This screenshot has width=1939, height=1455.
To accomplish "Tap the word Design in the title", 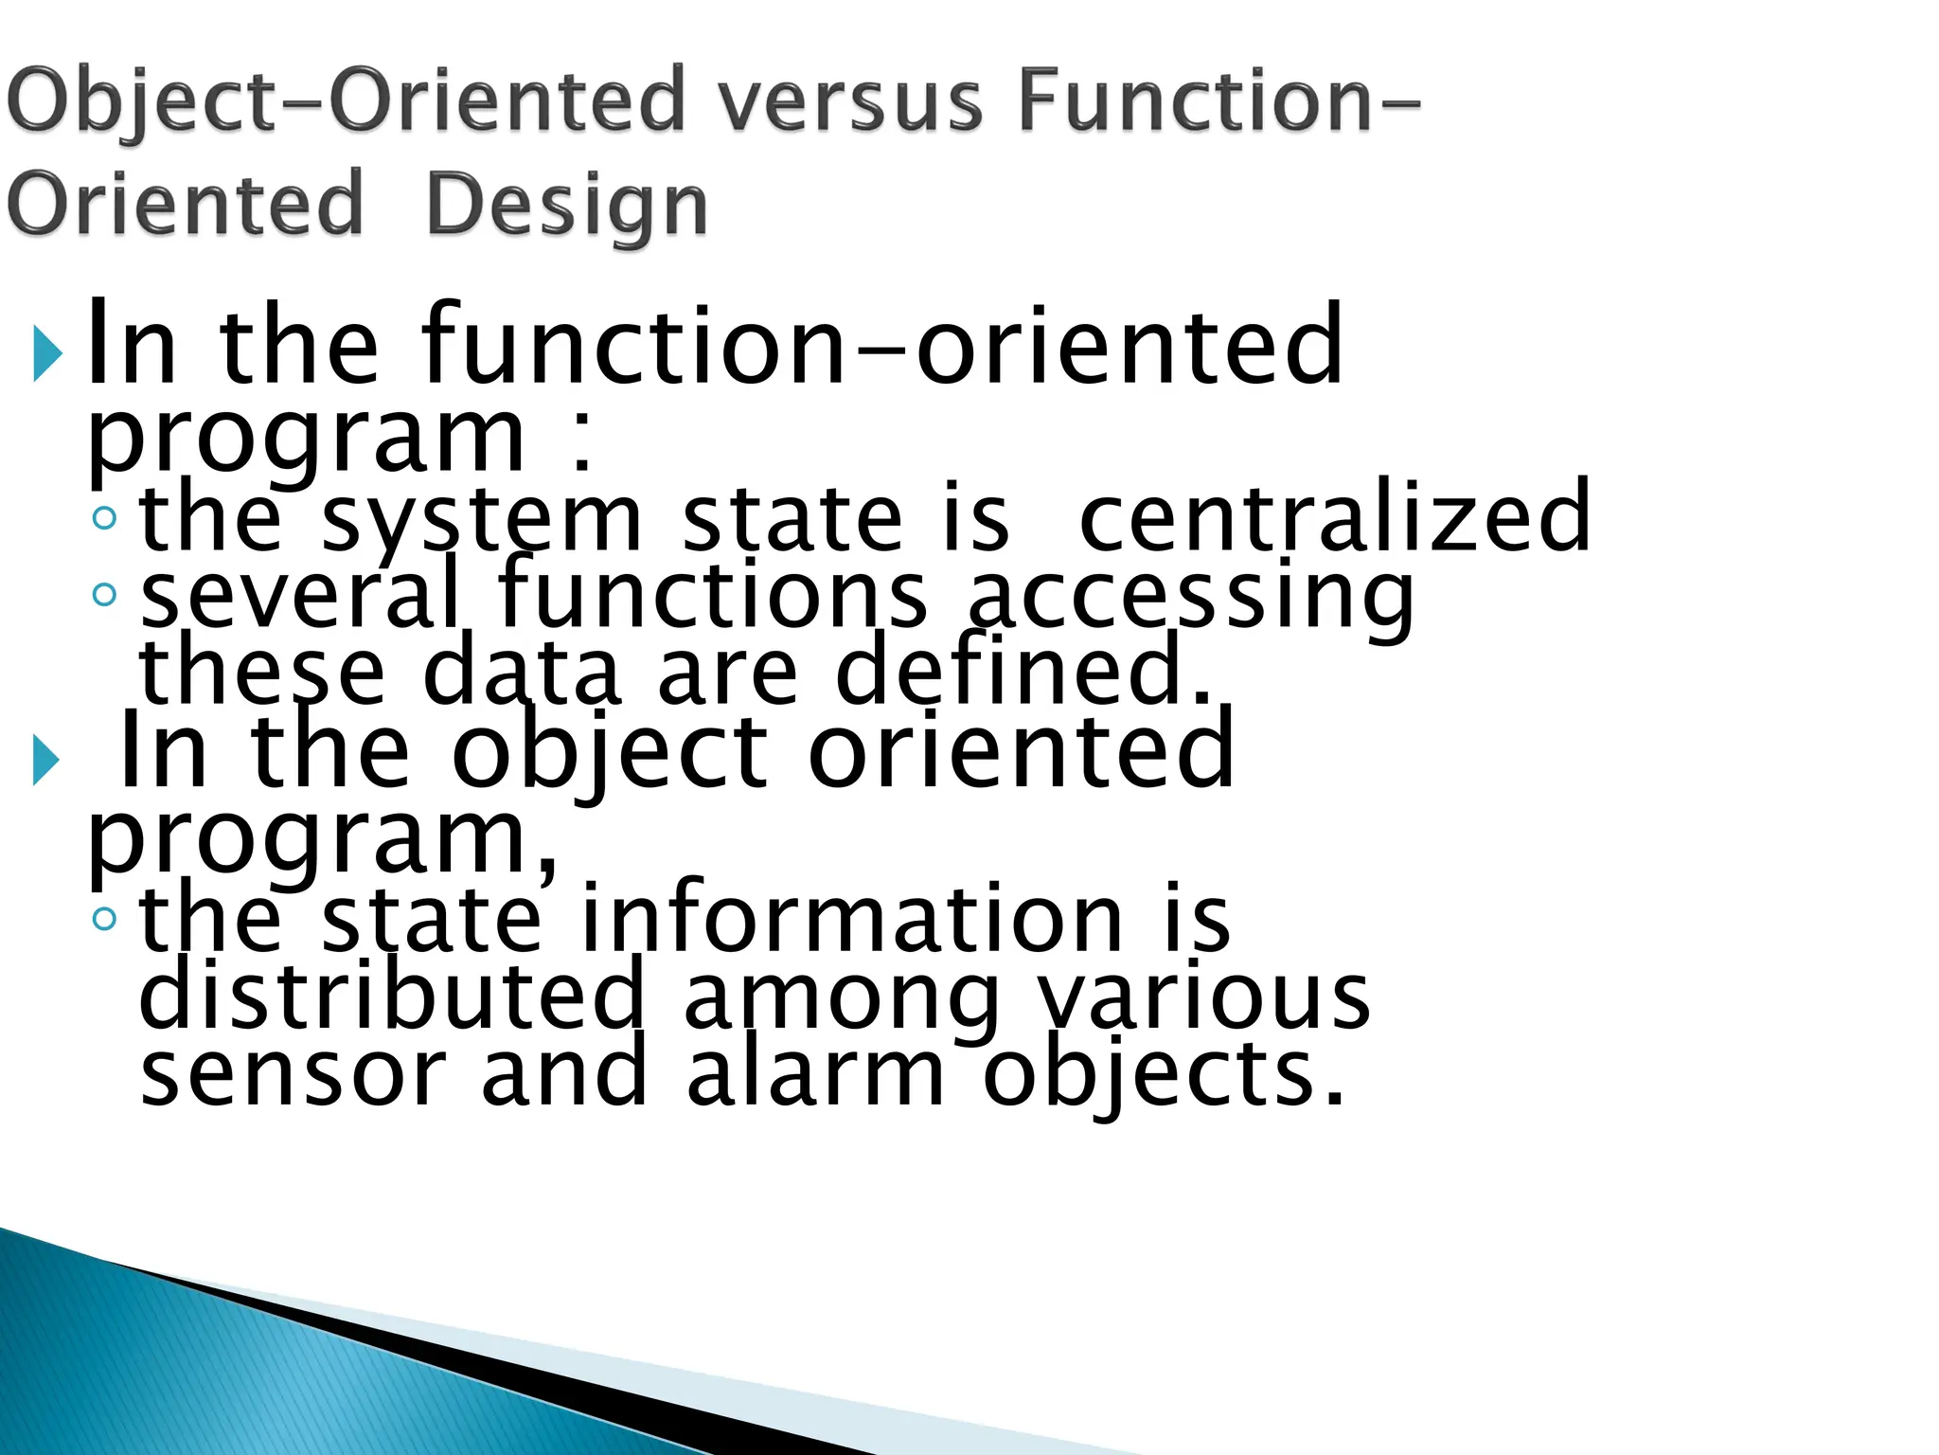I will click(566, 207).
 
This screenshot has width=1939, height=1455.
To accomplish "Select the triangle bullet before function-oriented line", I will click(46, 353).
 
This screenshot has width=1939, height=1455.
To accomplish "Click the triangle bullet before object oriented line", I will click(46, 760).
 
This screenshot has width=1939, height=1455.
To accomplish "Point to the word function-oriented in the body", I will click(881, 346).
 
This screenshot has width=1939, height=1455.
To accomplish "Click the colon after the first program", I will click(581, 445).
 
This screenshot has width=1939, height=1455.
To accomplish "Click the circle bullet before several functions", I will click(104, 595).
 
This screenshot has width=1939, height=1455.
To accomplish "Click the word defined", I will click(1023, 671).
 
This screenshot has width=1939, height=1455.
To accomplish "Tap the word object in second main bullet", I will click(609, 754).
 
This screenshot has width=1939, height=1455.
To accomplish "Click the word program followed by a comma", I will click(322, 840).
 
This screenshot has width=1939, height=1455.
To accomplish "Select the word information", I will click(850, 918).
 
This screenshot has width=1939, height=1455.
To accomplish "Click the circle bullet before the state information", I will click(104, 918).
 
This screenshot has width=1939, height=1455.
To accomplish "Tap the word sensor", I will click(293, 1076).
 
